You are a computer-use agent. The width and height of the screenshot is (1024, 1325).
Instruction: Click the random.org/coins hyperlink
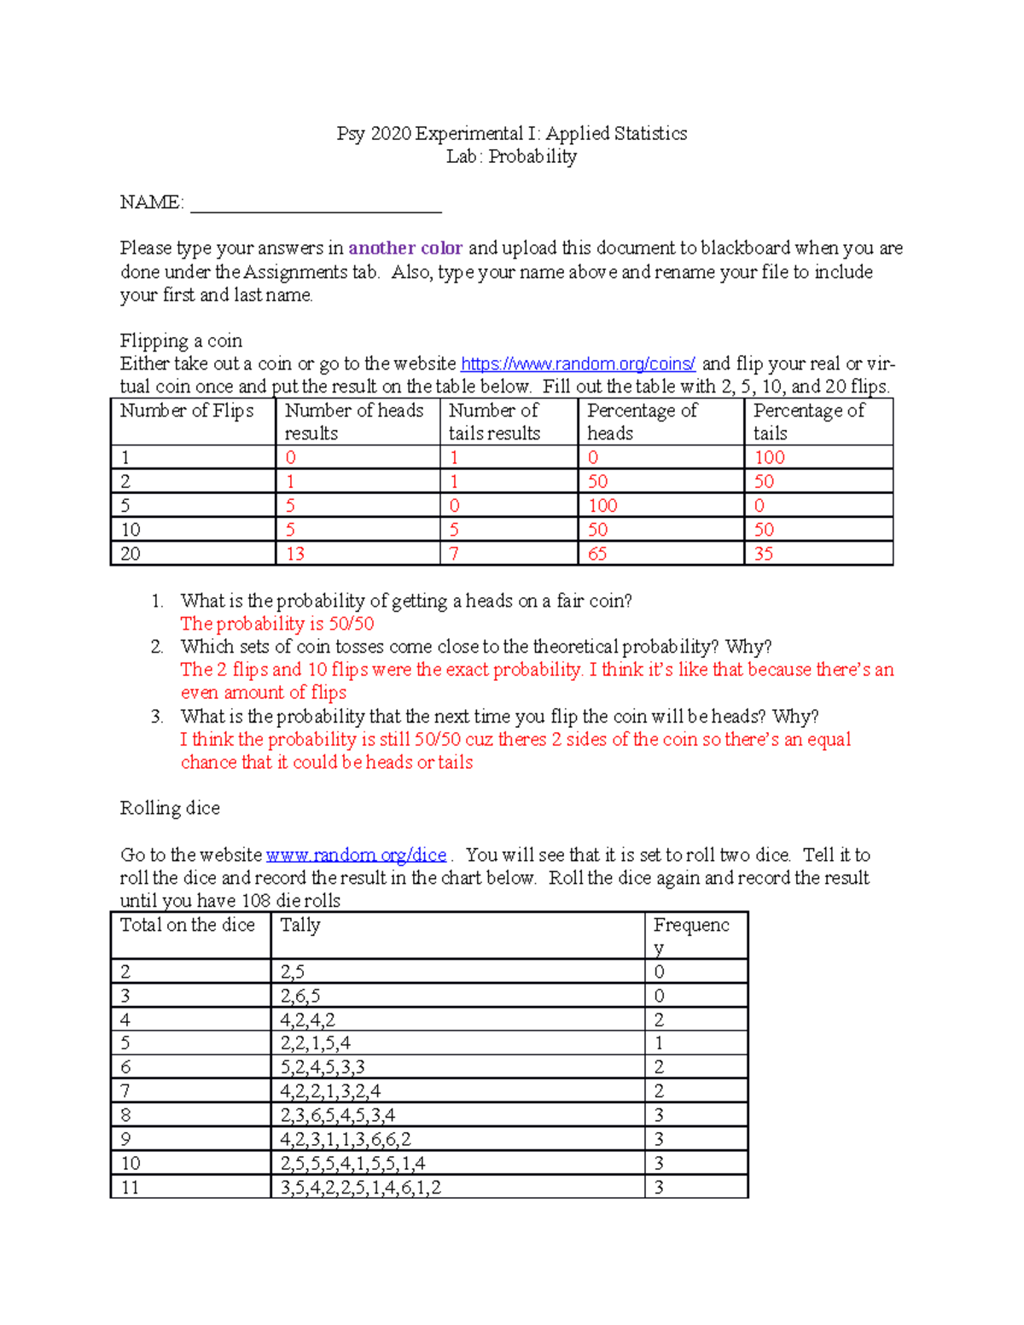(578, 364)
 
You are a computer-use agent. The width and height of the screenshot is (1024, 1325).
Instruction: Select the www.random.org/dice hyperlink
(356, 855)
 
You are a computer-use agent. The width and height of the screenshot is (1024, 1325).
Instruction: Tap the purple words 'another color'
(405, 248)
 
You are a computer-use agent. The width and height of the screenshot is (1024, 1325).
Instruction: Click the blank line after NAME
(316, 205)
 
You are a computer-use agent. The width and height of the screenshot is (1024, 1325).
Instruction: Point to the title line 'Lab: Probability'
(511, 156)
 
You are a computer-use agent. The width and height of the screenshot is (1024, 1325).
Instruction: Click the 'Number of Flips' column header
(187, 410)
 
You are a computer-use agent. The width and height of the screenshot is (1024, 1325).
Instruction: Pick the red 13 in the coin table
(295, 554)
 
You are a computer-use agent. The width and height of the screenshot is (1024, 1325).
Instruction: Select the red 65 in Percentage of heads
(597, 554)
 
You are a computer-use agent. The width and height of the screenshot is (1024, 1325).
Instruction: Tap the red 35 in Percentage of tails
(763, 554)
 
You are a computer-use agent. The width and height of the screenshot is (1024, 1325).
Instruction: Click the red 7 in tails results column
(454, 554)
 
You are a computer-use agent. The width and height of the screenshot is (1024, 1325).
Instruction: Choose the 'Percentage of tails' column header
(808, 421)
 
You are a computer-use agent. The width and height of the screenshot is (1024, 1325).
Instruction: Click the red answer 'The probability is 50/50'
(277, 624)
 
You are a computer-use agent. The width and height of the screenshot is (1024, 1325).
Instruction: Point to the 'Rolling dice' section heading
(170, 808)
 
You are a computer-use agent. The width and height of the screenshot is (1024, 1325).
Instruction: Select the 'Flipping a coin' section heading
(181, 341)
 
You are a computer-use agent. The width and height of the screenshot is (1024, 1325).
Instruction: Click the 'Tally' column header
(300, 926)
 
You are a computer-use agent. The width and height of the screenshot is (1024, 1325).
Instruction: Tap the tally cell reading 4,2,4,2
(307, 1020)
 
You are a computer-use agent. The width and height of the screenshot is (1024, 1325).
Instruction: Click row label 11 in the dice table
(130, 1187)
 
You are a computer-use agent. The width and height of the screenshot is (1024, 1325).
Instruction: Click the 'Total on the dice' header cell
(188, 926)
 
